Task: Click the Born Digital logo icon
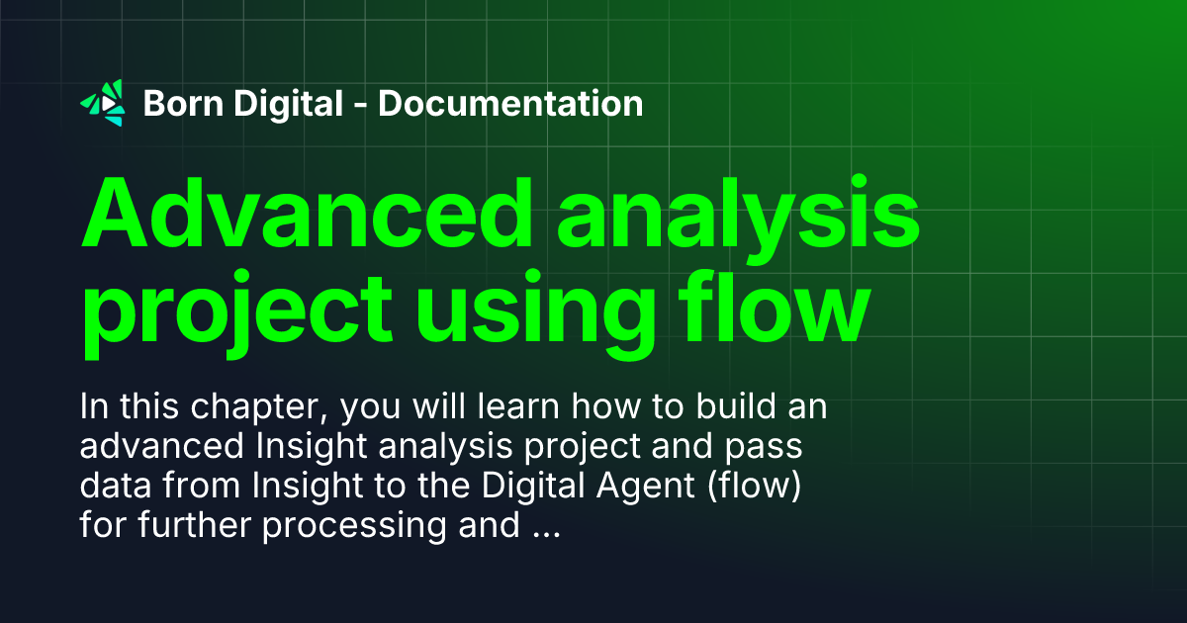pos(103,103)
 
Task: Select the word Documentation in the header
pos(510,103)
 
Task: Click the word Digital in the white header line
pos(294,103)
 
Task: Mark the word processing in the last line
pos(355,526)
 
